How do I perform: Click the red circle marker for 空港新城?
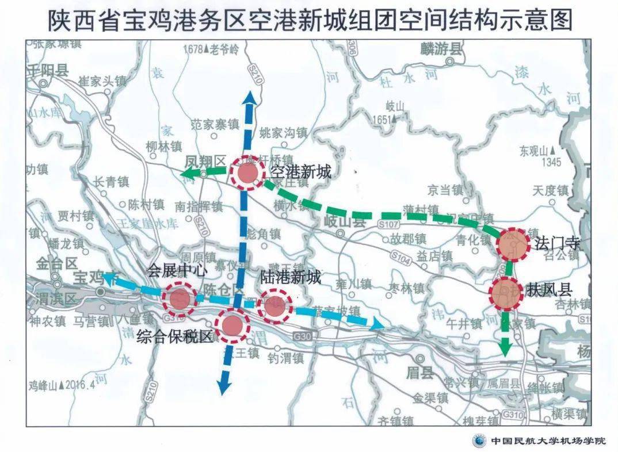247,174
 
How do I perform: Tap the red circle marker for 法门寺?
512,244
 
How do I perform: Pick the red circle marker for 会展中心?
178,298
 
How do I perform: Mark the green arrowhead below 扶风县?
505,348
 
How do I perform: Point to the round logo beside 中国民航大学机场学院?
479,441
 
